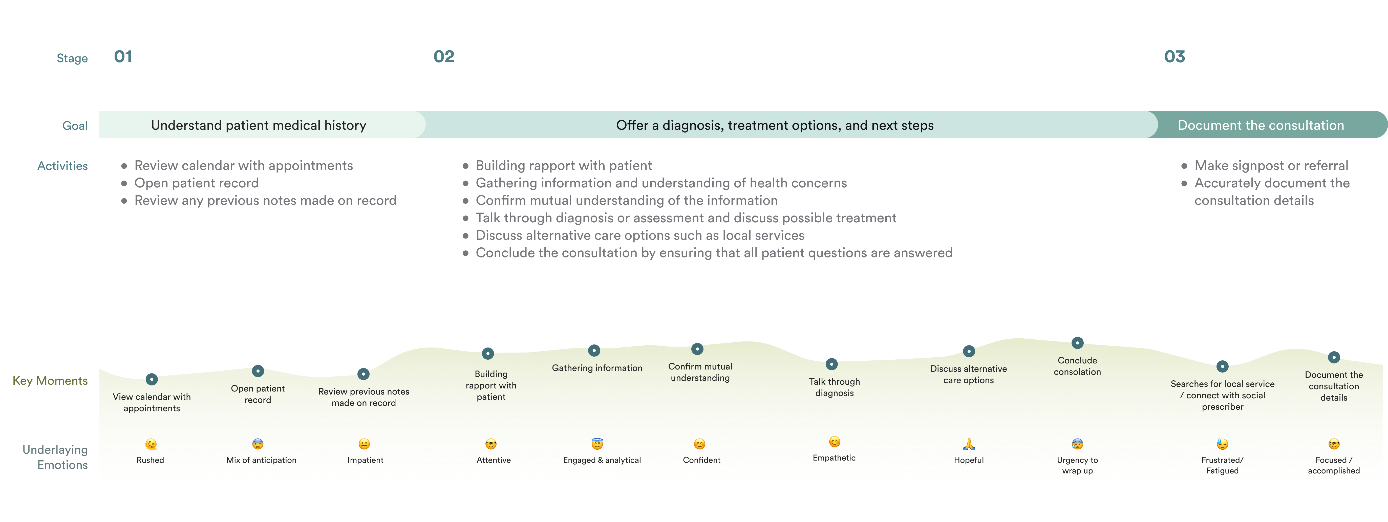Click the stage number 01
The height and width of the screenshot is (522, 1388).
point(123,57)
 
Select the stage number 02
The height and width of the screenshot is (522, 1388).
point(443,57)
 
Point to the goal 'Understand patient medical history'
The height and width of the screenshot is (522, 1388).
point(259,125)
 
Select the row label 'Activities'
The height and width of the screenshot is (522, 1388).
point(62,166)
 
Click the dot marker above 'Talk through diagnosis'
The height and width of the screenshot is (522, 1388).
point(832,364)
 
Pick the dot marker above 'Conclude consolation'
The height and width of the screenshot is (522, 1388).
point(1077,343)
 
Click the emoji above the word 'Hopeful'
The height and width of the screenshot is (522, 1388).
point(969,444)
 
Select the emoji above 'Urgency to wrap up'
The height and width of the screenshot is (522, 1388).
point(1077,444)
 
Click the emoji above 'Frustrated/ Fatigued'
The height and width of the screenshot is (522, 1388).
point(1222,444)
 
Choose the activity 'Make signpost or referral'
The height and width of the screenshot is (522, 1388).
point(1271,165)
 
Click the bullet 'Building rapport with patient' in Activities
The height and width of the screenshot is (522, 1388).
point(564,165)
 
